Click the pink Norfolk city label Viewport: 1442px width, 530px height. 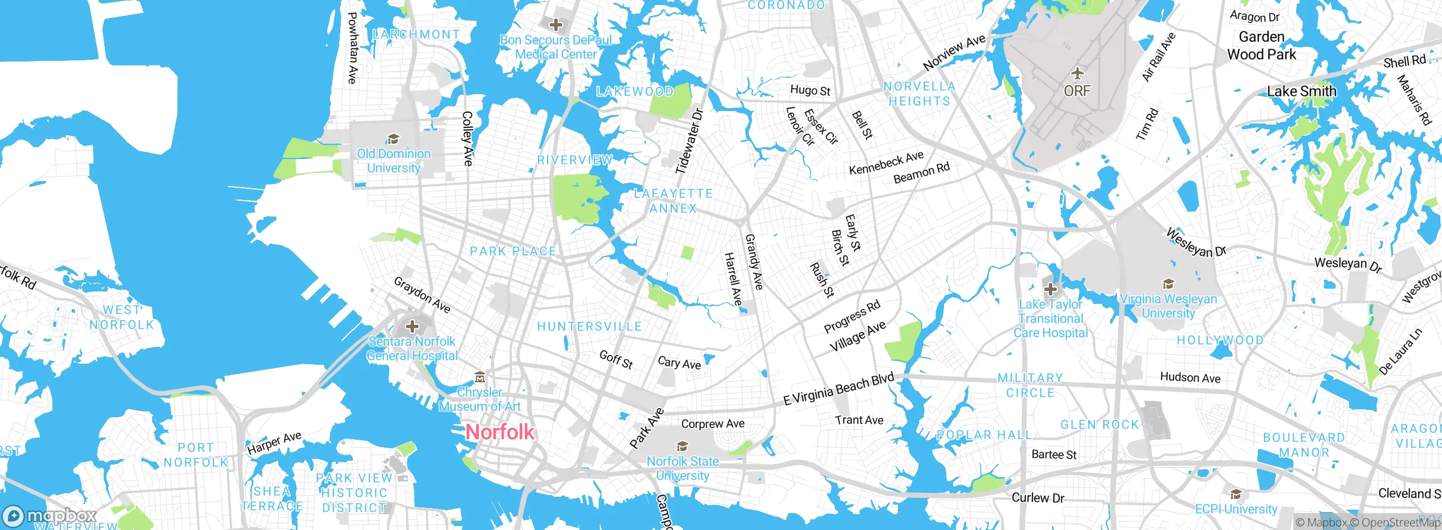pos(500,432)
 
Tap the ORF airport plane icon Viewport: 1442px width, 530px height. pos(1077,74)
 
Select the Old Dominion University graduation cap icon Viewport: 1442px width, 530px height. pos(393,139)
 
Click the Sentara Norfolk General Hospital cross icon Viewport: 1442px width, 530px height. pos(412,326)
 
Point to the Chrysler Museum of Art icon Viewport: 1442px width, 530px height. pos(479,377)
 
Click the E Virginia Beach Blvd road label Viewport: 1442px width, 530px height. pos(839,389)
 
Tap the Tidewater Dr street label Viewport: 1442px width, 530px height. pos(690,141)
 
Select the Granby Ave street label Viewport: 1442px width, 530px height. pos(754,262)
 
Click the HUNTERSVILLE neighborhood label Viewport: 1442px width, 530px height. pos(589,326)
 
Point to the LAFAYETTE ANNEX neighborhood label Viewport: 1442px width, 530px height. pos(673,201)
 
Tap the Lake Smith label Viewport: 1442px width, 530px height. pos(1301,91)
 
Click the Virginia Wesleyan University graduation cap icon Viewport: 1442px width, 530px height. pos(1168,284)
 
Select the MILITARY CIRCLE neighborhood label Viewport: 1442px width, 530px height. pos(1030,385)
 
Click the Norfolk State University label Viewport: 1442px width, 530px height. pos(683,468)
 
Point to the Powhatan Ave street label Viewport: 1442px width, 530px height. pos(353,48)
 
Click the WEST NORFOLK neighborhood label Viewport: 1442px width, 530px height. pos(122,317)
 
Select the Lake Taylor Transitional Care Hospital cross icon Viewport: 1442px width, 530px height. pos(1051,290)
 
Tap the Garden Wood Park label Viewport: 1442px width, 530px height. pos(1262,46)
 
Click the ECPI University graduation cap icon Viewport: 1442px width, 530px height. pos(1236,494)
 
